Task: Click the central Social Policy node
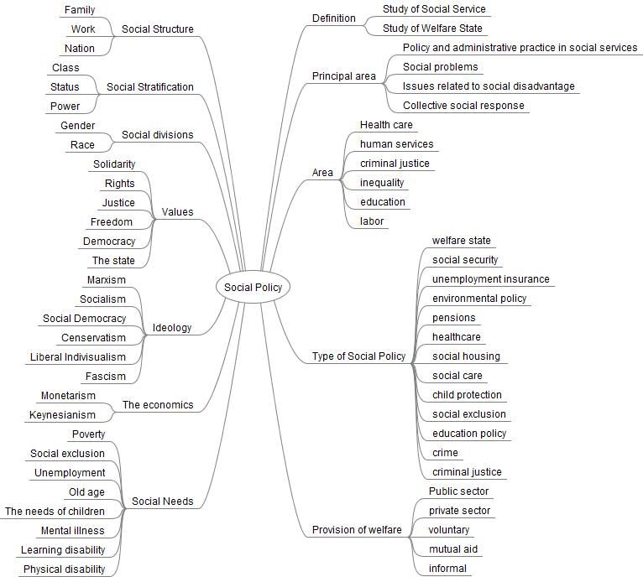(x=254, y=288)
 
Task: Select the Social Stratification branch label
(x=150, y=87)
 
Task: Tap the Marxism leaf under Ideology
(x=107, y=280)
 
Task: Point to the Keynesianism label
(x=63, y=415)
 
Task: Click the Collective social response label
(x=463, y=106)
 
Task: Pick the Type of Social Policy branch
(x=358, y=356)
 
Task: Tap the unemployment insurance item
(x=490, y=279)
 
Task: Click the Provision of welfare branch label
(x=357, y=530)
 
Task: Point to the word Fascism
(x=106, y=377)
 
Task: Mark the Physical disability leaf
(x=65, y=569)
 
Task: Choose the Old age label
(x=86, y=492)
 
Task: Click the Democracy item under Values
(x=109, y=242)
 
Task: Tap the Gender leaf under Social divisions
(x=77, y=126)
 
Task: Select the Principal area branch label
(x=344, y=76)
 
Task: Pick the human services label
(x=396, y=144)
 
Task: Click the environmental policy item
(x=479, y=299)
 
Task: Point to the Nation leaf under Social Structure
(x=80, y=49)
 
